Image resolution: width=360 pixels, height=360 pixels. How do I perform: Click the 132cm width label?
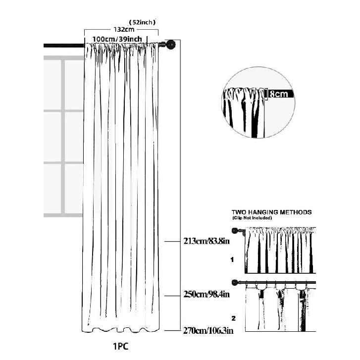click(x=124, y=29)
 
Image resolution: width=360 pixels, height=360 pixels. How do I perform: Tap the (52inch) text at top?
click(x=142, y=22)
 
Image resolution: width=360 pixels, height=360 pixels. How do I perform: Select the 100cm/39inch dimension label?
click(x=117, y=39)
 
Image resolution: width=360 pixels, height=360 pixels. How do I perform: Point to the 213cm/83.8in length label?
click(x=206, y=241)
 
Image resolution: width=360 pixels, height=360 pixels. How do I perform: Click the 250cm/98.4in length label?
click(x=206, y=294)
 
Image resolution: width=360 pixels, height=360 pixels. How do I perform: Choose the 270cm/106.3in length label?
click(x=208, y=331)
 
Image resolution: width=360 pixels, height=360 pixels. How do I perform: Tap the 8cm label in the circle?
click(x=278, y=94)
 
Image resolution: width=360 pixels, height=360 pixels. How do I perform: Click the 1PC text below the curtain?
click(x=121, y=347)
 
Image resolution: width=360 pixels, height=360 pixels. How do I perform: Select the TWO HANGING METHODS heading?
click(x=271, y=212)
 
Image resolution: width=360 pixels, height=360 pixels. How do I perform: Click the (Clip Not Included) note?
click(x=252, y=218)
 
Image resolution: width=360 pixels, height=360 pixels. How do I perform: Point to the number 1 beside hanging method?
click(x=232, y=259)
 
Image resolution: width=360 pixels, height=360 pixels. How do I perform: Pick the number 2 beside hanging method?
click(x=234, y=318)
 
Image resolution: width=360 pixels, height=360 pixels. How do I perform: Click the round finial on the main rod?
click(x=171, y=44)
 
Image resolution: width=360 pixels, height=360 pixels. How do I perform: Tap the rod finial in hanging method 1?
click(x=235, y=231)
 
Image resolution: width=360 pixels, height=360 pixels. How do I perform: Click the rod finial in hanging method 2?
click(x=235, y=282)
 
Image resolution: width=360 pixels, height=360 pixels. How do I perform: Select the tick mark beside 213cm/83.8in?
click(x=172, y=242)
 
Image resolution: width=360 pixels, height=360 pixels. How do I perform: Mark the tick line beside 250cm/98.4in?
click(x=172, y=296)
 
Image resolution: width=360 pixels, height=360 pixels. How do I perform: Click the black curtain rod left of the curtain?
click(x=64, y=46)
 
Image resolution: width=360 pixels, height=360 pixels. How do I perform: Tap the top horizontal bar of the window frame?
click(x=63, y=58)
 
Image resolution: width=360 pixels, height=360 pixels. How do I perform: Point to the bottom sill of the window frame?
click(x=63, y=215)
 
